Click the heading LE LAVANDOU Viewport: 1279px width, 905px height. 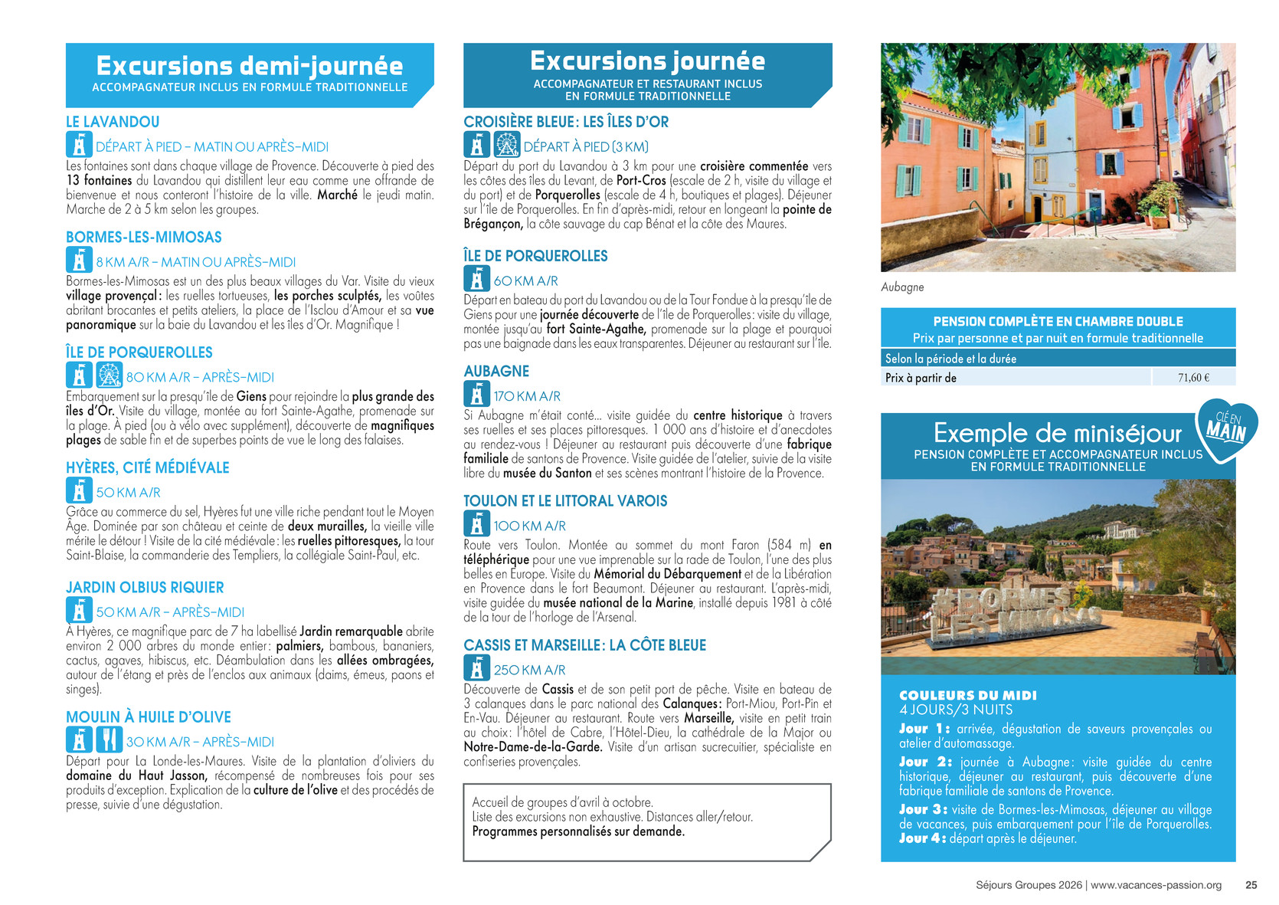tap(113, 122)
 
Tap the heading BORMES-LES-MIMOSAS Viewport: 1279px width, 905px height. tap(144, 238)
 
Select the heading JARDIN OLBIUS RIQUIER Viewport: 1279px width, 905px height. tap(145, 588)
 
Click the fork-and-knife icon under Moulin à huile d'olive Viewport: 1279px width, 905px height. tap(109, 739)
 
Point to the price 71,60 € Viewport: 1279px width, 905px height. tap(1193, 377)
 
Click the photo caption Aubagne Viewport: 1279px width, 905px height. tap(902, 287)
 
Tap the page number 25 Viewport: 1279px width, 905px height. tap(1251, 885)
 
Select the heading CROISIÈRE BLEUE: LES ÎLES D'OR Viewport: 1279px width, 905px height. tap(566, 122)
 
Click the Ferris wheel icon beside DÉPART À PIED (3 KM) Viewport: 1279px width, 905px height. tap(506, 145)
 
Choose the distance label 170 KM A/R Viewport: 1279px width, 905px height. tap(527, 396)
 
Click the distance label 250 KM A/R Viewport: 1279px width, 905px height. tap(529, 670)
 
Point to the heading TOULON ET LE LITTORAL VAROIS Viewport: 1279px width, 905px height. tap(565, 501)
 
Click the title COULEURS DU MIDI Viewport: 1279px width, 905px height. tap(967, 695)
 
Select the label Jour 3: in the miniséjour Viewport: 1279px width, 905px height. tap(923, 809)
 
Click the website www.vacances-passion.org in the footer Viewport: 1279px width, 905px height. tap(1156, 885)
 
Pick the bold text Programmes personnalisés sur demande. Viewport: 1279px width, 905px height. tap(578, 831)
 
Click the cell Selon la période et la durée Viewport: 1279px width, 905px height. tap(950, 359)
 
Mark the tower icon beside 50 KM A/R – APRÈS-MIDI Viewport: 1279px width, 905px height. tap(79, 611)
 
